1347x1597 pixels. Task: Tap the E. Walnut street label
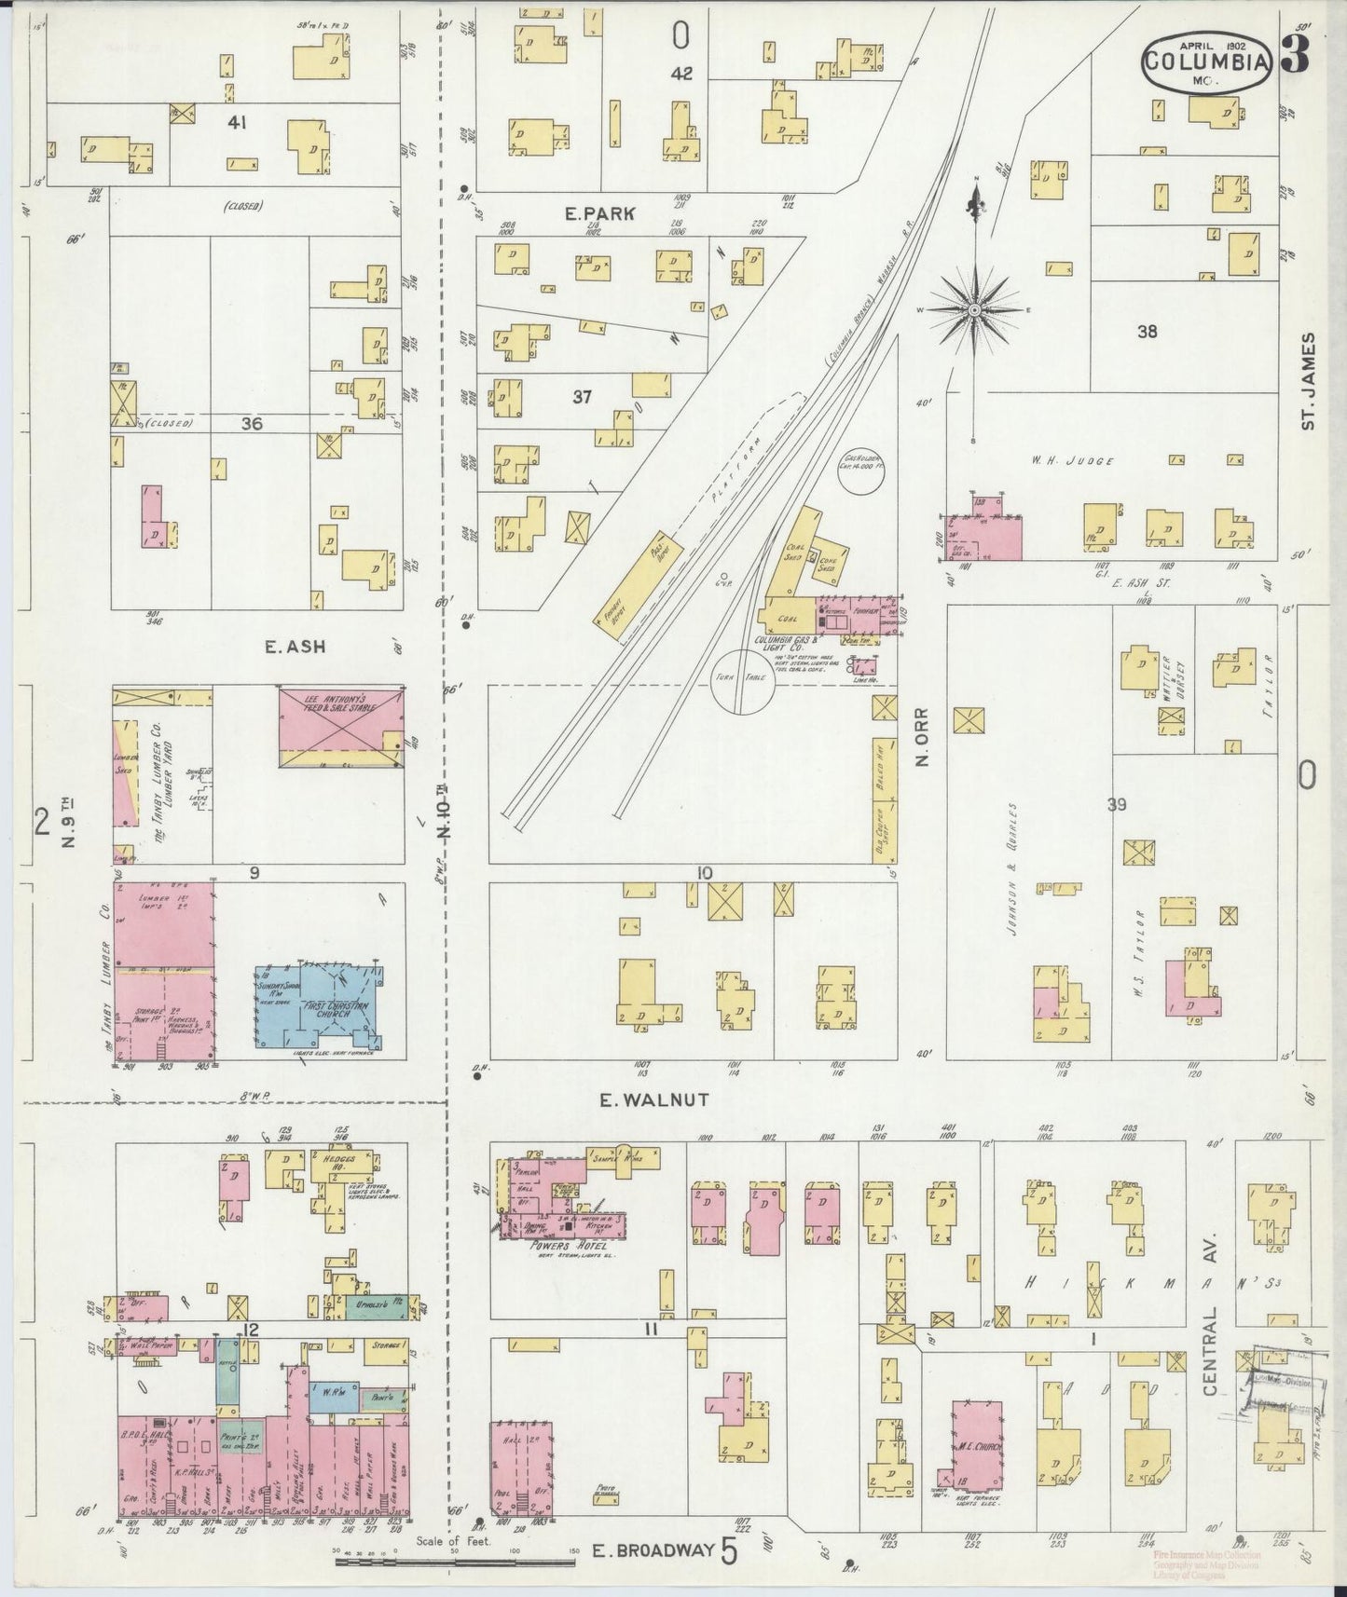(x=653, y=1099)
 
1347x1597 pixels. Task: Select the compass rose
(x=975, y=308)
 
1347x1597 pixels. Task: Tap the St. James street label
(x=1309, y=380)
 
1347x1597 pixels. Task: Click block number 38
(x=1146, y=331)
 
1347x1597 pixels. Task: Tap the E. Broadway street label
(x=653, y=1550)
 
